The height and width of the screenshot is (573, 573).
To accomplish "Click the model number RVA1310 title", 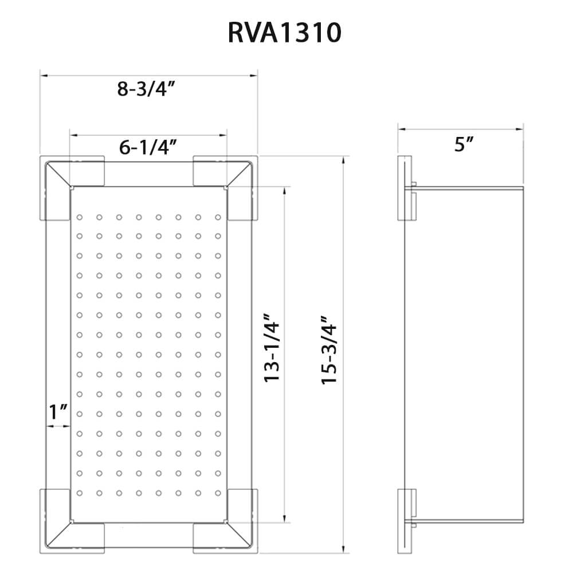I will click(285, 33).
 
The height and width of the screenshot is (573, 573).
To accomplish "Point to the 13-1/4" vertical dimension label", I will click(270, 348).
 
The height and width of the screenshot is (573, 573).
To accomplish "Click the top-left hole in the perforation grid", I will click(80, 217).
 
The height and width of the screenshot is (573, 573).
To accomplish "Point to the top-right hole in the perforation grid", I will click(218, 217).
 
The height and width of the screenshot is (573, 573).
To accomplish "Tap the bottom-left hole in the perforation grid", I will click(80, 493).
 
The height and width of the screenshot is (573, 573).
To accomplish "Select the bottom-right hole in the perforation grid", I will click(218, 493).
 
